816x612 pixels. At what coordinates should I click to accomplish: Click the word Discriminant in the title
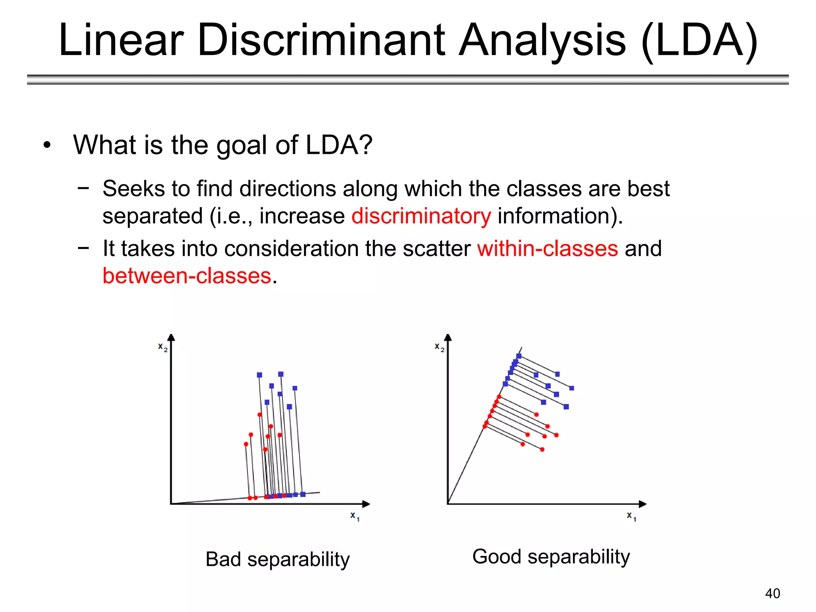click(321, 40)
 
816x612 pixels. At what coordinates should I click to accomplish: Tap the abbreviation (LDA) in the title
click(699, 40)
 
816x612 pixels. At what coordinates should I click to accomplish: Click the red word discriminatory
click(421, 216)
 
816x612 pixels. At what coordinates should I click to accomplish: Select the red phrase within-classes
click(547, 249)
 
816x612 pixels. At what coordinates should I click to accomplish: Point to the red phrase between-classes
click(187, 276)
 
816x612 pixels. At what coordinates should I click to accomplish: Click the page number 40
click(773, 593)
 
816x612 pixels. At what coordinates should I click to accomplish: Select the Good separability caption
click(551, 556)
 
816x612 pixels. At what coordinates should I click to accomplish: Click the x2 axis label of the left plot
click(163, 347)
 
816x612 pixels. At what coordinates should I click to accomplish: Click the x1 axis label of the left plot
click(355, 516)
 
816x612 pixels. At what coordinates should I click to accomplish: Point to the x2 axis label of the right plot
click(439, 347)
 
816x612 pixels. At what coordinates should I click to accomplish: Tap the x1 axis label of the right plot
click(631, 516)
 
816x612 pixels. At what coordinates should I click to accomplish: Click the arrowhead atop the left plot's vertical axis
click(171, 337)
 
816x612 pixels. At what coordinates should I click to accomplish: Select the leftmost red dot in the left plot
click(246, 444)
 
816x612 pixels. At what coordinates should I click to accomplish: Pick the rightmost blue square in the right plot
click(571, 388)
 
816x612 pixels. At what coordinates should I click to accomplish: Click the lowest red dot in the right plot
click(542, 449)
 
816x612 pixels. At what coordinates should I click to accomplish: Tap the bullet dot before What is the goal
click(47, 145)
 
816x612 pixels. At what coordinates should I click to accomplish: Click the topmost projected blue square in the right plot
click(519, 356)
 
